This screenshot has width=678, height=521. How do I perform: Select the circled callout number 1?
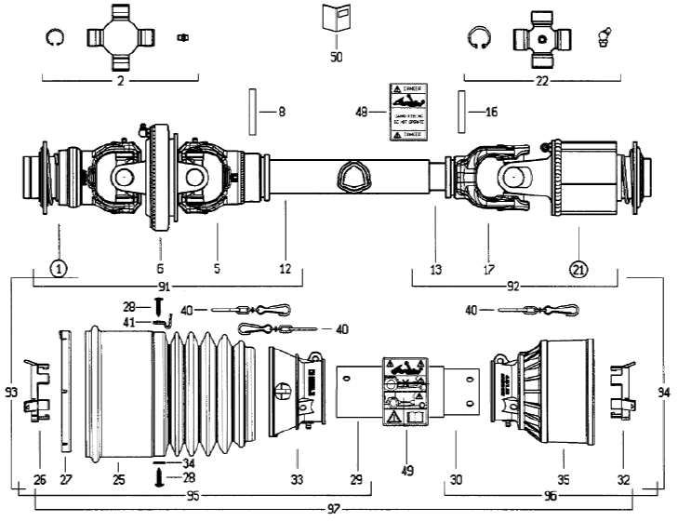(x=59, y=269)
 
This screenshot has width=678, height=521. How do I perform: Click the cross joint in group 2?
(x=121, y=36)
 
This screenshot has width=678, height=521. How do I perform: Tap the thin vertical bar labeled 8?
(x=251, y=111)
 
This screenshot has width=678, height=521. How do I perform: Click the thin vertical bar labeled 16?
(x=460, y=111)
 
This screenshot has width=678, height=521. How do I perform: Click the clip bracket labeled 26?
(x=37, y=395)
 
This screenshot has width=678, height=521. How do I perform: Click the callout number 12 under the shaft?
(x=286, y=269)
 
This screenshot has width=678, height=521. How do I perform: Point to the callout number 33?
(x=296, y=455)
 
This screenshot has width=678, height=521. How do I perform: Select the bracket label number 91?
(x=165, y=287)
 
